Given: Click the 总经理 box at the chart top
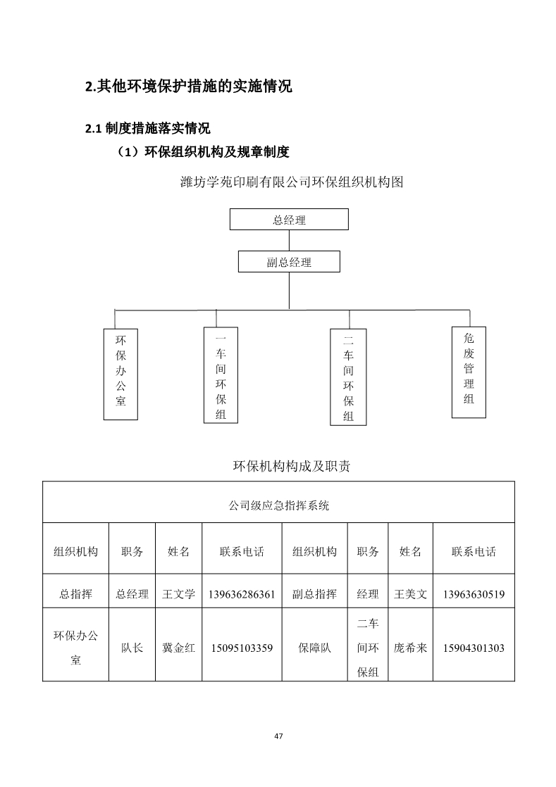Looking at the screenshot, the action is tap(289, 220).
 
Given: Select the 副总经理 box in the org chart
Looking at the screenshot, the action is tap(289, 261).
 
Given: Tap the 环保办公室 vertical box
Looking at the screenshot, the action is tap(121, 374).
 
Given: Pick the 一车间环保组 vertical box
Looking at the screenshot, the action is tap(221, 375).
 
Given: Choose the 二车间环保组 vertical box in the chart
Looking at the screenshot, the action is tap(348, 377).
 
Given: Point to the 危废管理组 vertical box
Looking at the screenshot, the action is tap(469, 372).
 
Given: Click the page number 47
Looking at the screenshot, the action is tap(279, 736).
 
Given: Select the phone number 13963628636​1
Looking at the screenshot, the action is tap(242, 595).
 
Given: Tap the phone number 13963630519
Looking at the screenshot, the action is tap(474, 595).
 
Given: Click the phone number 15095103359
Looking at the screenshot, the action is tap(242, 648).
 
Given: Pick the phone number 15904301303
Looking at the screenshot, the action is tap(474, 648).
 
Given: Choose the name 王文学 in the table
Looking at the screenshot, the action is tap(178, 594).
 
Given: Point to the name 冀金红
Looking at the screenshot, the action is tap(178, 648).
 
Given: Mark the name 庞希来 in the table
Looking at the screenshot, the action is tap(410, 648).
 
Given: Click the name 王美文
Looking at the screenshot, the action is tap(410, 594).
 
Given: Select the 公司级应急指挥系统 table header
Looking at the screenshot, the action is tap(279, 505).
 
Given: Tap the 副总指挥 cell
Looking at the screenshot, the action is tap(314, 594).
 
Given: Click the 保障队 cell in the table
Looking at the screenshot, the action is tap(314, 648).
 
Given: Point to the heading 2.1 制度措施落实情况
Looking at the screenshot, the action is tap(148, 129).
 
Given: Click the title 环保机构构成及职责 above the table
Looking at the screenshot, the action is tap(292, 466).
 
